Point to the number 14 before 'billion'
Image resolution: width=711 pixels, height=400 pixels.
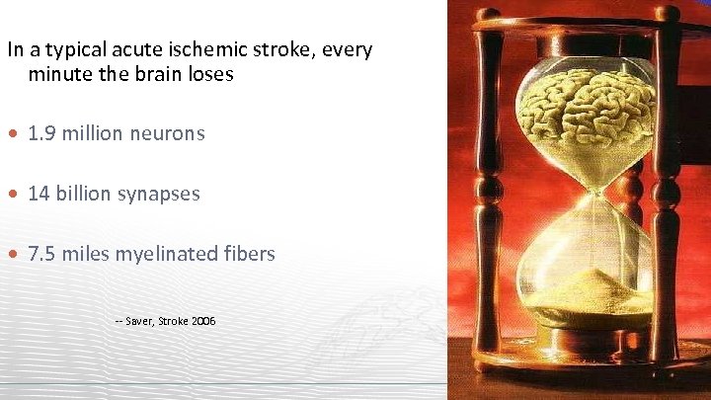point(39,194)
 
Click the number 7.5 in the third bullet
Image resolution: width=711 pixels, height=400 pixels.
point(41,255)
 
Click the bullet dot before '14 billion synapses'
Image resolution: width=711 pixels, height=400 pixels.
point(15,195)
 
